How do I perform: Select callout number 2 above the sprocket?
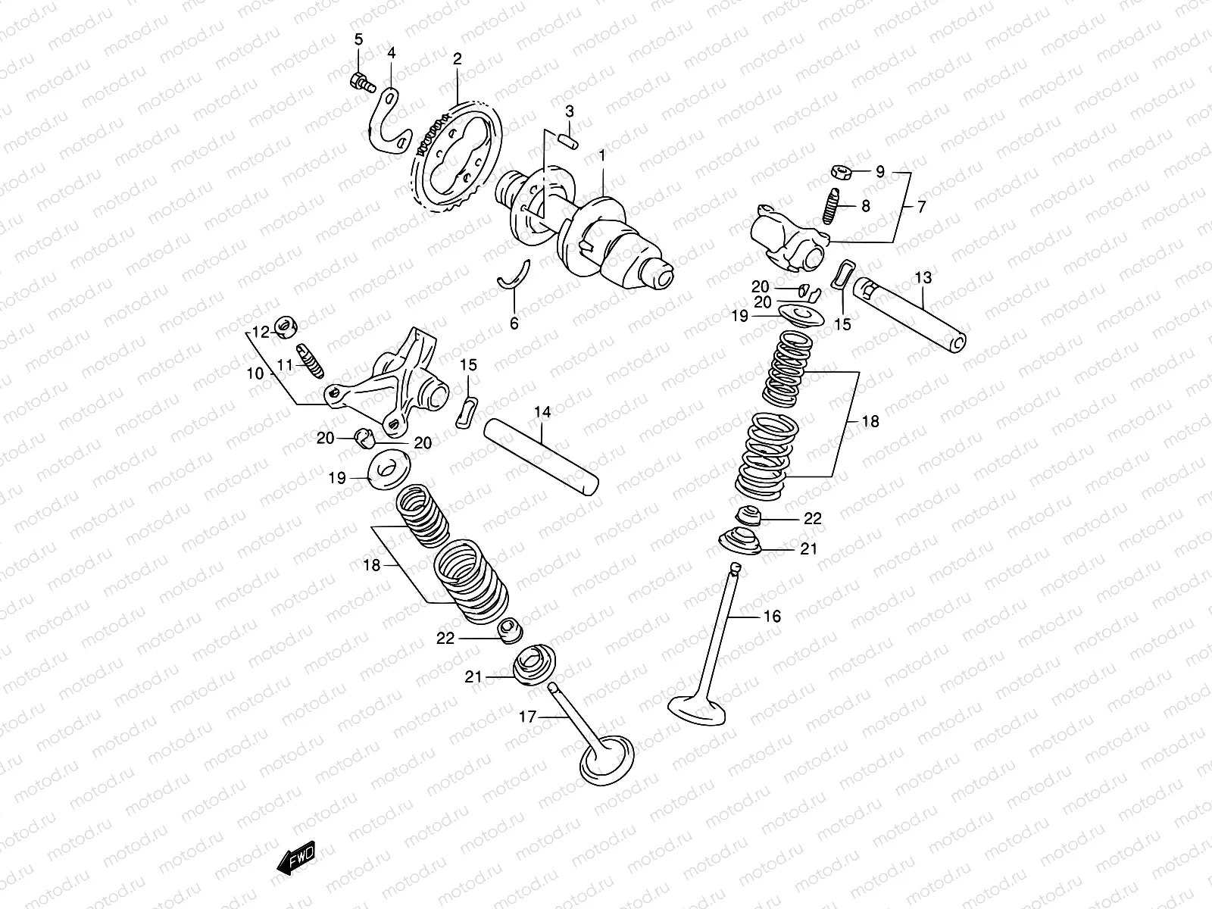(457, 58)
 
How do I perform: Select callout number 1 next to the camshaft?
(602, 156)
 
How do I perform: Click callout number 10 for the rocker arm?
(255, 373)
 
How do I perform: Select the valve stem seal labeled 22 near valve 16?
(750, 515)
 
